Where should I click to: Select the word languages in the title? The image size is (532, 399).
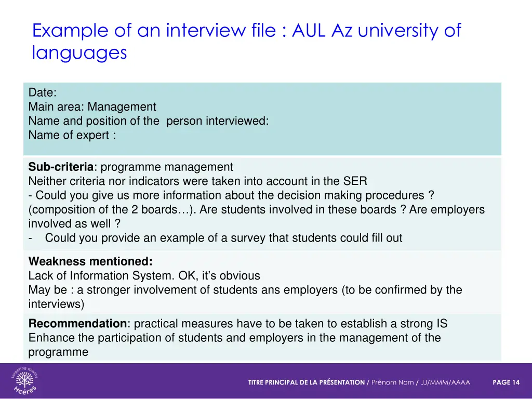[79, 53]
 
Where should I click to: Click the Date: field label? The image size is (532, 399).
[43, 93]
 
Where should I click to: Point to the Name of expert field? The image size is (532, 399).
[72, 135]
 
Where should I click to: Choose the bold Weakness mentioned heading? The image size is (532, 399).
[90, 261]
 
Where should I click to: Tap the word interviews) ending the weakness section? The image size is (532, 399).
[56, 304]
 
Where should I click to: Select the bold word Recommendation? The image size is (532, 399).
[77, 324]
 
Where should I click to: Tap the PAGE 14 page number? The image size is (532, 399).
[506, 382]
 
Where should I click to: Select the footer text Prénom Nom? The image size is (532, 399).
[392, 382]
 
